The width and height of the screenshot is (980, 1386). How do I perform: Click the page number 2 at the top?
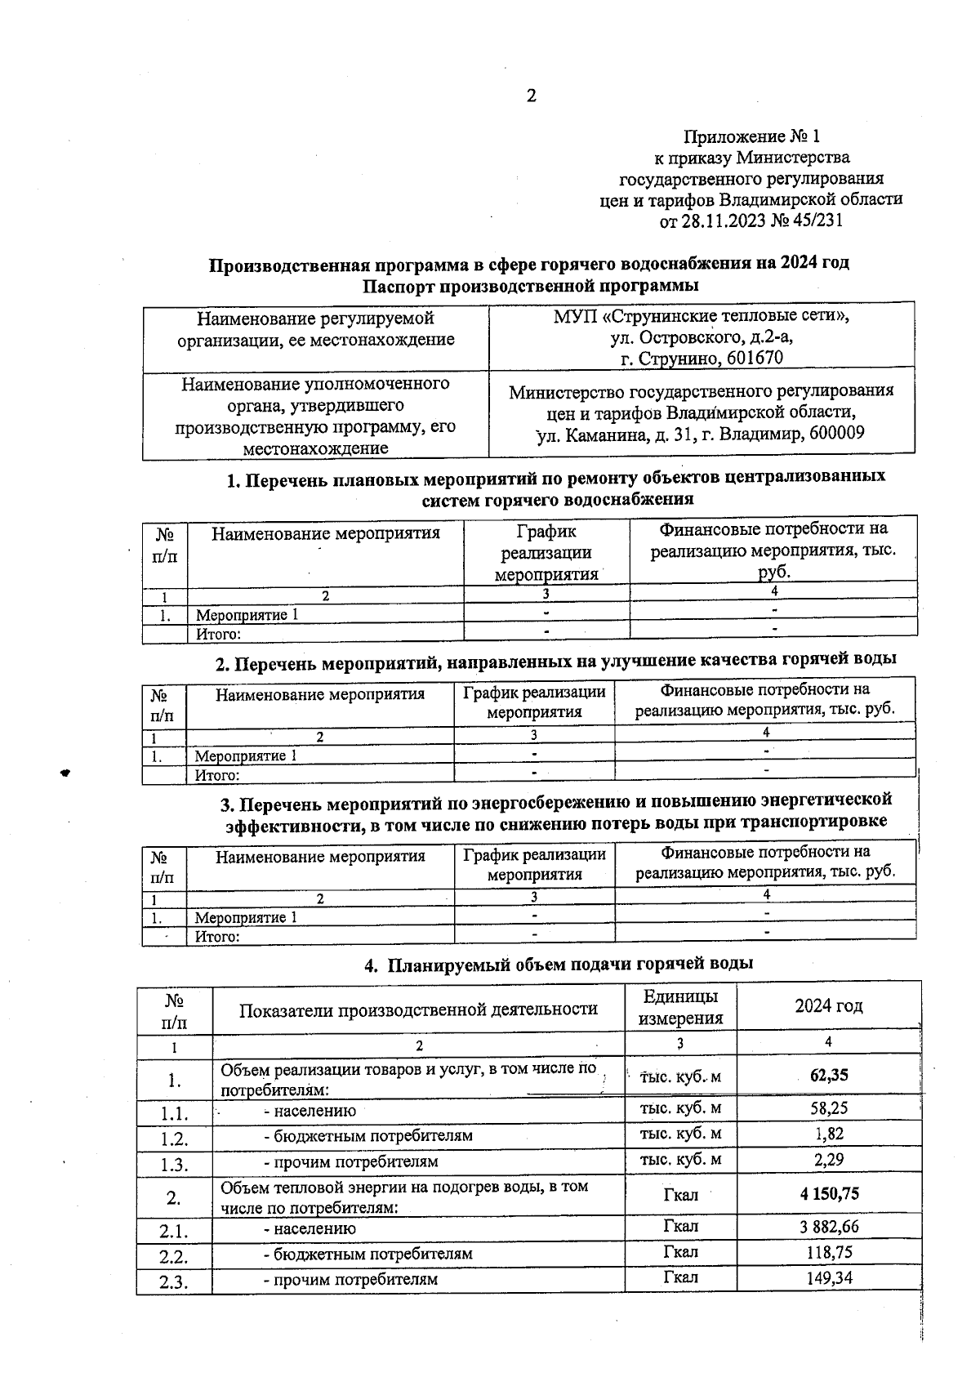(531, 96)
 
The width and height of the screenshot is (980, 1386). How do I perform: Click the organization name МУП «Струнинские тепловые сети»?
(701, 315)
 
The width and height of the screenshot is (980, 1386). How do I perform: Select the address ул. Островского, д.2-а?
(701, 336)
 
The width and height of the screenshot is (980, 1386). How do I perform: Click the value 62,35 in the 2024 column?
(828, 1075)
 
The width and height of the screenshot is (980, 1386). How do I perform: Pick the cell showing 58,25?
(828, 1107)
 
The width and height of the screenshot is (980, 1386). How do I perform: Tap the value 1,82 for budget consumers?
(828, 1133)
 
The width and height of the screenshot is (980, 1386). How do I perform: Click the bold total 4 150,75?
(829, 1193)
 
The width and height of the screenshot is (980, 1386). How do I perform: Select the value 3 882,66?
(829, 1226)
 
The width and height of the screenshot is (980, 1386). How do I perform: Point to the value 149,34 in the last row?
(829, 1277)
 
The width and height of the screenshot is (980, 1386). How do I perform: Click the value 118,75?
(829, 1251)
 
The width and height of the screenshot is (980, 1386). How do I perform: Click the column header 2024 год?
(828, 1005)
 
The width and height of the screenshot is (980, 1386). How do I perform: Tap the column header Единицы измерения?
(680, 1007)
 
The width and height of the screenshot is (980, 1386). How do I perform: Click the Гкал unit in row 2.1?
(680, 1226)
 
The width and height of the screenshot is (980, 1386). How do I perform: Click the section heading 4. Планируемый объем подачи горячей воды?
(558, 965)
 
